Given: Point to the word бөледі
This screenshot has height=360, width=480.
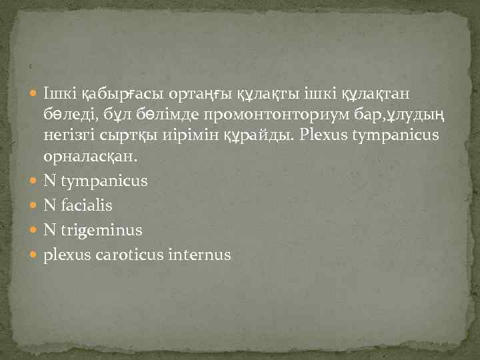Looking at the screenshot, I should pos(69,117).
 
